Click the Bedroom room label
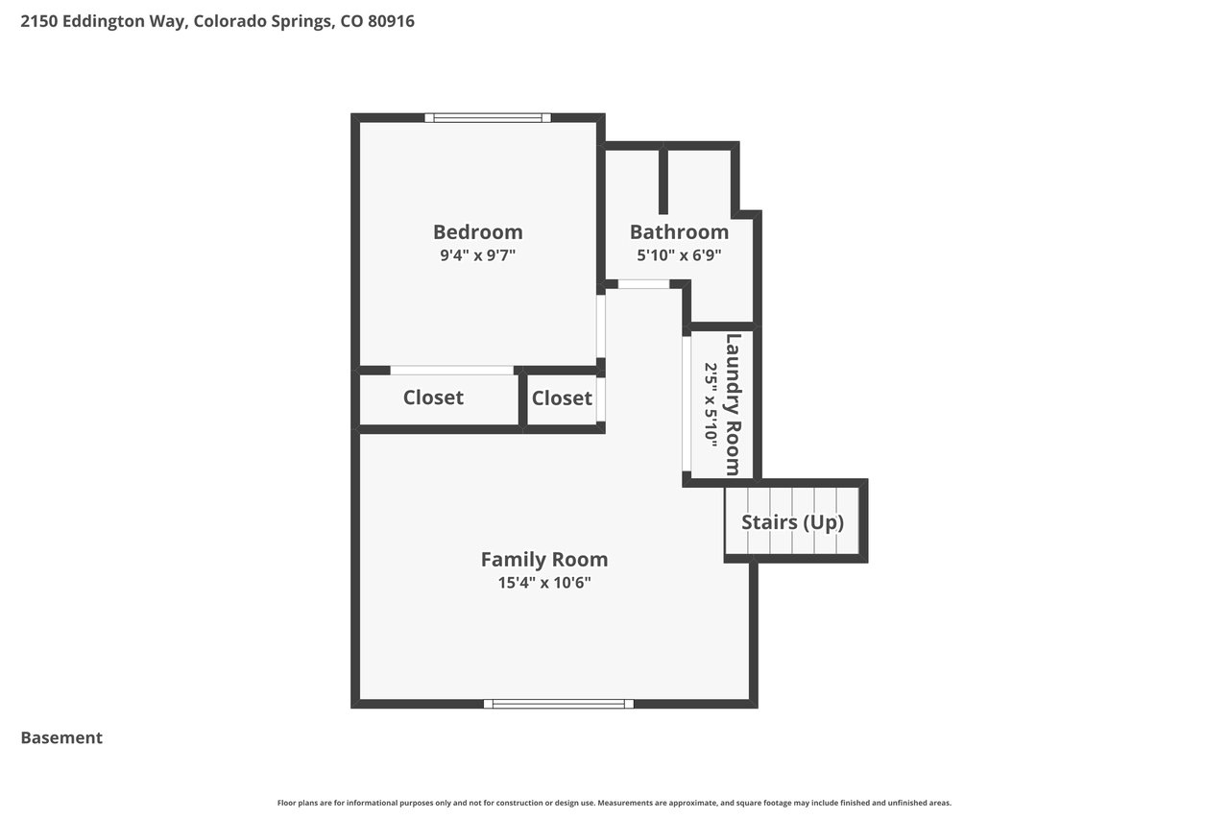[478, 232]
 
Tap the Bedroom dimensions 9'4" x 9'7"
[478, 255]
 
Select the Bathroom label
[679, 232]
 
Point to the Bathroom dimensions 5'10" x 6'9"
[679, 255]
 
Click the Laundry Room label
[734, 404]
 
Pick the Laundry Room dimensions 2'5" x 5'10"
[711, 405]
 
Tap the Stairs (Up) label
[793, 521]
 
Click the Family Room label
[544, 560]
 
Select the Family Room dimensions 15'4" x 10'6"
[544, 583]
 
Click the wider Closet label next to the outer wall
[433, 397]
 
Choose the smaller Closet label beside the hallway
[562, 397]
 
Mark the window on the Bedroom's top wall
[488, 117]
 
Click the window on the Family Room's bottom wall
[559, 704]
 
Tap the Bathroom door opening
[643, 284]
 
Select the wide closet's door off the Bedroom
[452, 371]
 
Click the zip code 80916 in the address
[391, 21]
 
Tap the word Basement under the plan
[61, 737]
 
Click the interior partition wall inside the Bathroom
[663, 180]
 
